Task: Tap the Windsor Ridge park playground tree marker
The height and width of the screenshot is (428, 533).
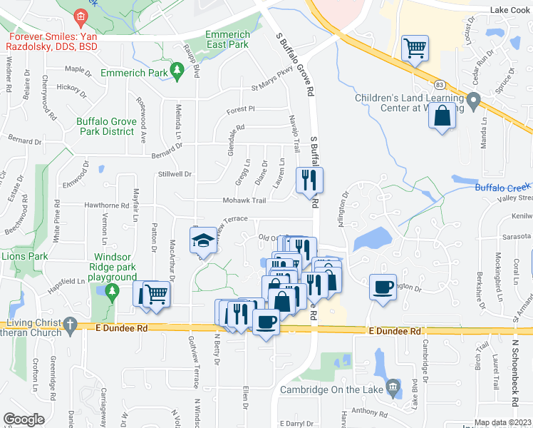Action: [x=111, y=291]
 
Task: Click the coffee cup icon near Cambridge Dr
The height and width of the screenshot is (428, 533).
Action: [x=383, y=287]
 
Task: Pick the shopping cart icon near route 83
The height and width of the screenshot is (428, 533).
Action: [x=413, y=49]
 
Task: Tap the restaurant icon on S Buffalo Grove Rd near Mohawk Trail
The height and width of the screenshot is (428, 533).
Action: [x=309, y=179]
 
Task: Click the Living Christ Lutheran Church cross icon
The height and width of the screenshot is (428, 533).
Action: [x=69, y=325]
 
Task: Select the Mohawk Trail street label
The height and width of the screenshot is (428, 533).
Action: [x=244, y=200]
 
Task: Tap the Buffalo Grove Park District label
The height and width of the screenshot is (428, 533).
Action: [x=106, y=126]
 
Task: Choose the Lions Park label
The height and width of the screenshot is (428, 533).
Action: [x=24, y=256]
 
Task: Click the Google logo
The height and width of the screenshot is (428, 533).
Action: [x=24, y=419]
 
